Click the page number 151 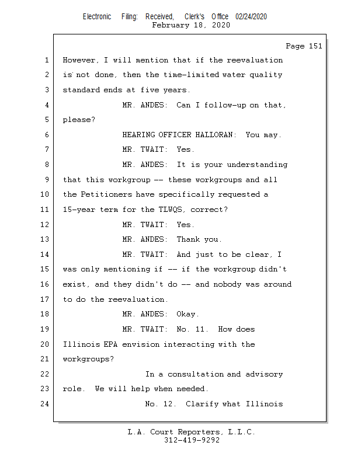point(314,46)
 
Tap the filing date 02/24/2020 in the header point(251,17)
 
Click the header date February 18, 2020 point(191,25)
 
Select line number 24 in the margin point(46,404)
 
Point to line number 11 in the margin point(46,210)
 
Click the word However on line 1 point(79,60)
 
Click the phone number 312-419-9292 point(192,441)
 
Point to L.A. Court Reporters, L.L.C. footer point(192,433)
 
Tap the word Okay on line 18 point(188,314)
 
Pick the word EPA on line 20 point(111,344)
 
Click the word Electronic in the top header point(97,17)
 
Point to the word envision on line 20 point(140,344)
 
